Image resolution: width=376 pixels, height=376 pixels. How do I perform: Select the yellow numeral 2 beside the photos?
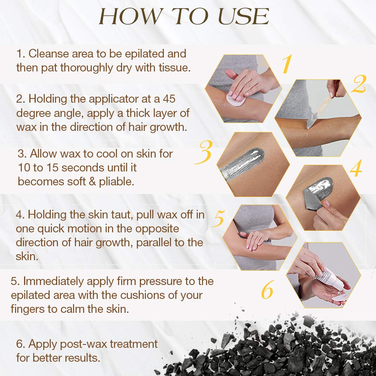359,84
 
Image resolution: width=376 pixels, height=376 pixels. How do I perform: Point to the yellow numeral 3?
203,152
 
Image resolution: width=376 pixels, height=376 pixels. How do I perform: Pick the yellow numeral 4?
356,168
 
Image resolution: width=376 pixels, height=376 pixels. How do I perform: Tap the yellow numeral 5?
218,219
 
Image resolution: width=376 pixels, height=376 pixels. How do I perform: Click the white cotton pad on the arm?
235,99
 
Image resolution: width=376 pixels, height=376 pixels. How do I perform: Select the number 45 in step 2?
169,99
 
